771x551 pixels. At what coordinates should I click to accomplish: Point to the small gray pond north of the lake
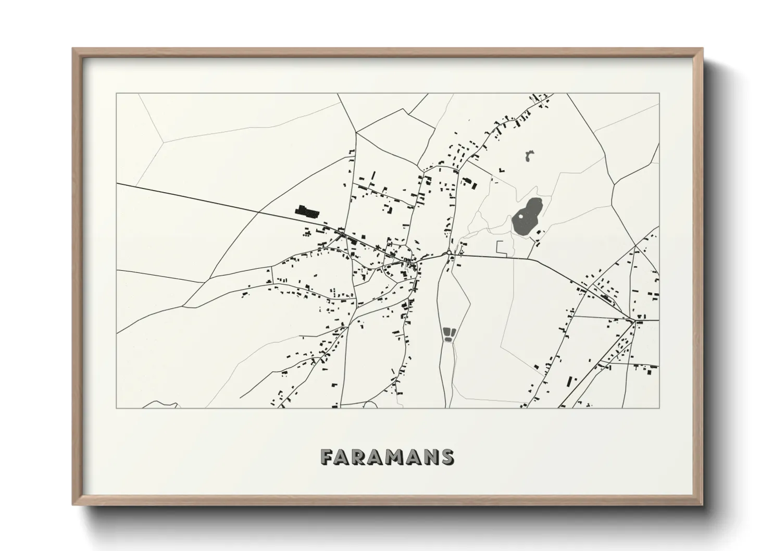click(x=530, y=155)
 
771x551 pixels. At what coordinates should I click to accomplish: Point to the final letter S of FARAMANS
click(x=447, y=457)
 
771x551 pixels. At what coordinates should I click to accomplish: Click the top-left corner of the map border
click(x=117, y=94)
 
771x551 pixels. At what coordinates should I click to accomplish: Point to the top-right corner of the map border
click(x=659, y=94)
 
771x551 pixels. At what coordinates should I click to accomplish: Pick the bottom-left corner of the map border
click(x=117, y=408)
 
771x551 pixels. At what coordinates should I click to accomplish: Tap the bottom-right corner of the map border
click(x=659, y=408)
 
